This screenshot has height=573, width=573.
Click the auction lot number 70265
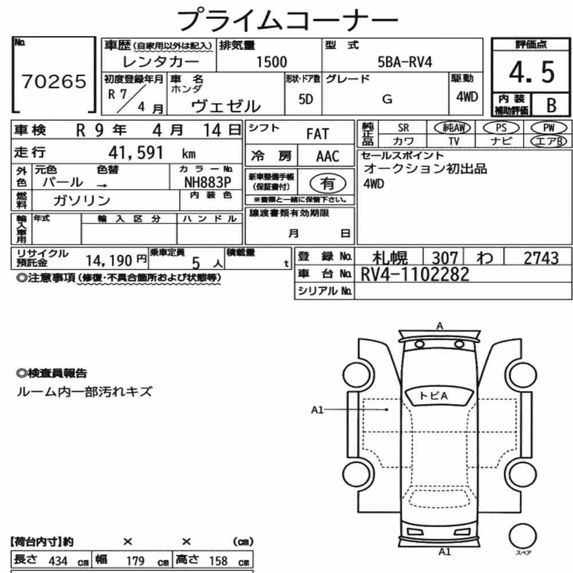click(54, 81)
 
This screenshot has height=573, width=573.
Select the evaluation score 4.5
click(532, 72)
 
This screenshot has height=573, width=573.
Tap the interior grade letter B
click(551, 105)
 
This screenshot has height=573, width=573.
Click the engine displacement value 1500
click(272, 62)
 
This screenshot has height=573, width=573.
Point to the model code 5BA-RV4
click(405, 62)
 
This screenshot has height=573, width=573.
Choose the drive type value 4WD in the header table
click(467, 97)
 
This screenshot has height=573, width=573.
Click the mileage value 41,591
click(136, 152)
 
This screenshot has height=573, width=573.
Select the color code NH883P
click(207, 182)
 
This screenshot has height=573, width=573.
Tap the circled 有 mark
click(328, 183)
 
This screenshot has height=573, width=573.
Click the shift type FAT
click(317, 134)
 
